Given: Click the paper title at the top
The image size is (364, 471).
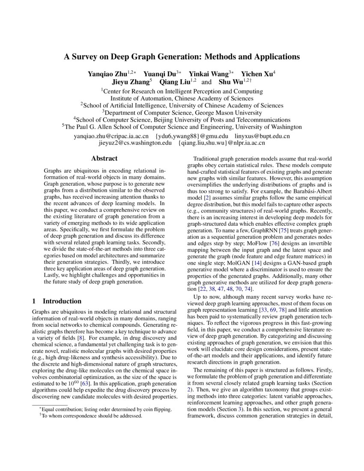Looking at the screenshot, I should coord(182,57).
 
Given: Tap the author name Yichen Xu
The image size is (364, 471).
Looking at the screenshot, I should coord(257,73).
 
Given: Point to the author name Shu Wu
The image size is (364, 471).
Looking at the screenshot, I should coord(228,81).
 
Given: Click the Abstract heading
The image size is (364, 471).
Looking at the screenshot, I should coord(104,158).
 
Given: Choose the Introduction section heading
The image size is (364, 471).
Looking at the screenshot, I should coord(62,301).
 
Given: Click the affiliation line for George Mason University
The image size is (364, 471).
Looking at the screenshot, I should coord(182,113).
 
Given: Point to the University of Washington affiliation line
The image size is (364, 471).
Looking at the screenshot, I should coord(182,127).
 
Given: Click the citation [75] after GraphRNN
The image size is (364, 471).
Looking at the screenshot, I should coord(283,230).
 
